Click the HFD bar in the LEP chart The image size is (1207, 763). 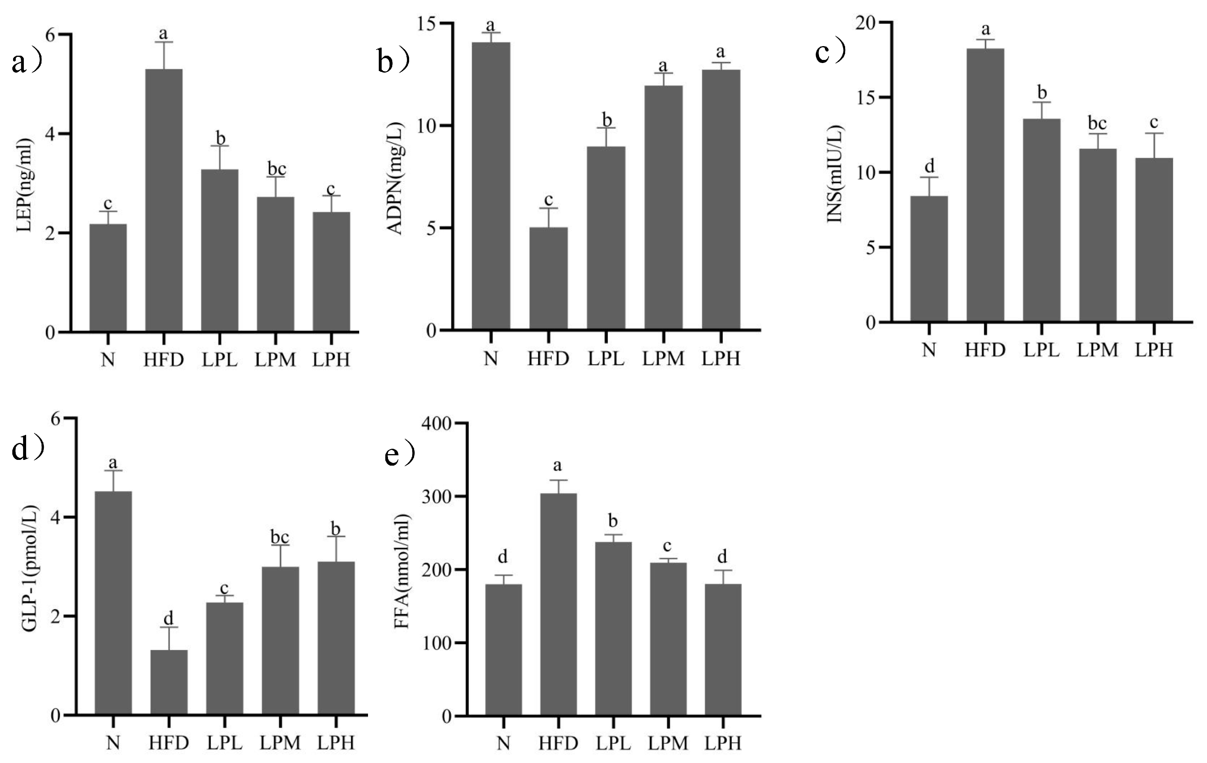pos(163,201)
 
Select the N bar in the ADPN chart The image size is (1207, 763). pos(491,186)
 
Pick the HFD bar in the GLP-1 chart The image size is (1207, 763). pos(169,682)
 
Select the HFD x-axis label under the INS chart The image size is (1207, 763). pos(985,349)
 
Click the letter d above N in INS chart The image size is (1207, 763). pos(929,166)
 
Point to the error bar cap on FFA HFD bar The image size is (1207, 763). pos(557,480)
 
